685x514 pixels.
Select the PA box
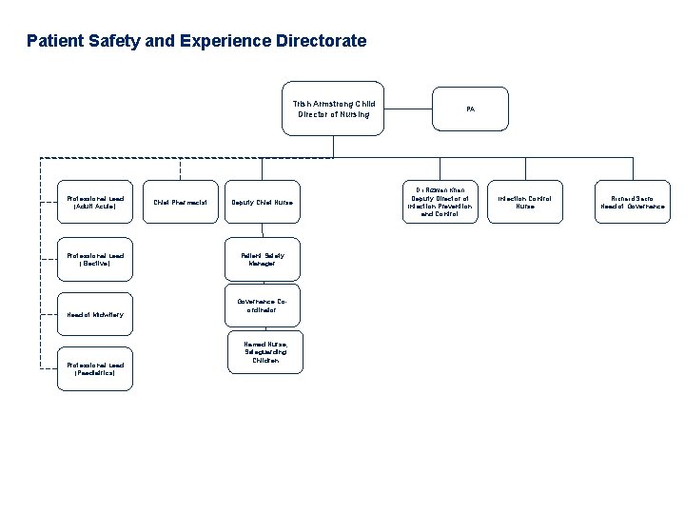pos(470,109)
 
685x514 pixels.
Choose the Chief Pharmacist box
pos(181,202)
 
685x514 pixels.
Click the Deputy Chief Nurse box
pos(263,202)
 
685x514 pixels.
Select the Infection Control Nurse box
pos(525,202)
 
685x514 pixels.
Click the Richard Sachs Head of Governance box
pos(631,202)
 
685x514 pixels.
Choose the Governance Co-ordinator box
pos(263,304)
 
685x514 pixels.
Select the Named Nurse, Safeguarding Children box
pos(263,351)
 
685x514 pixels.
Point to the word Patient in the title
pos(53,42)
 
